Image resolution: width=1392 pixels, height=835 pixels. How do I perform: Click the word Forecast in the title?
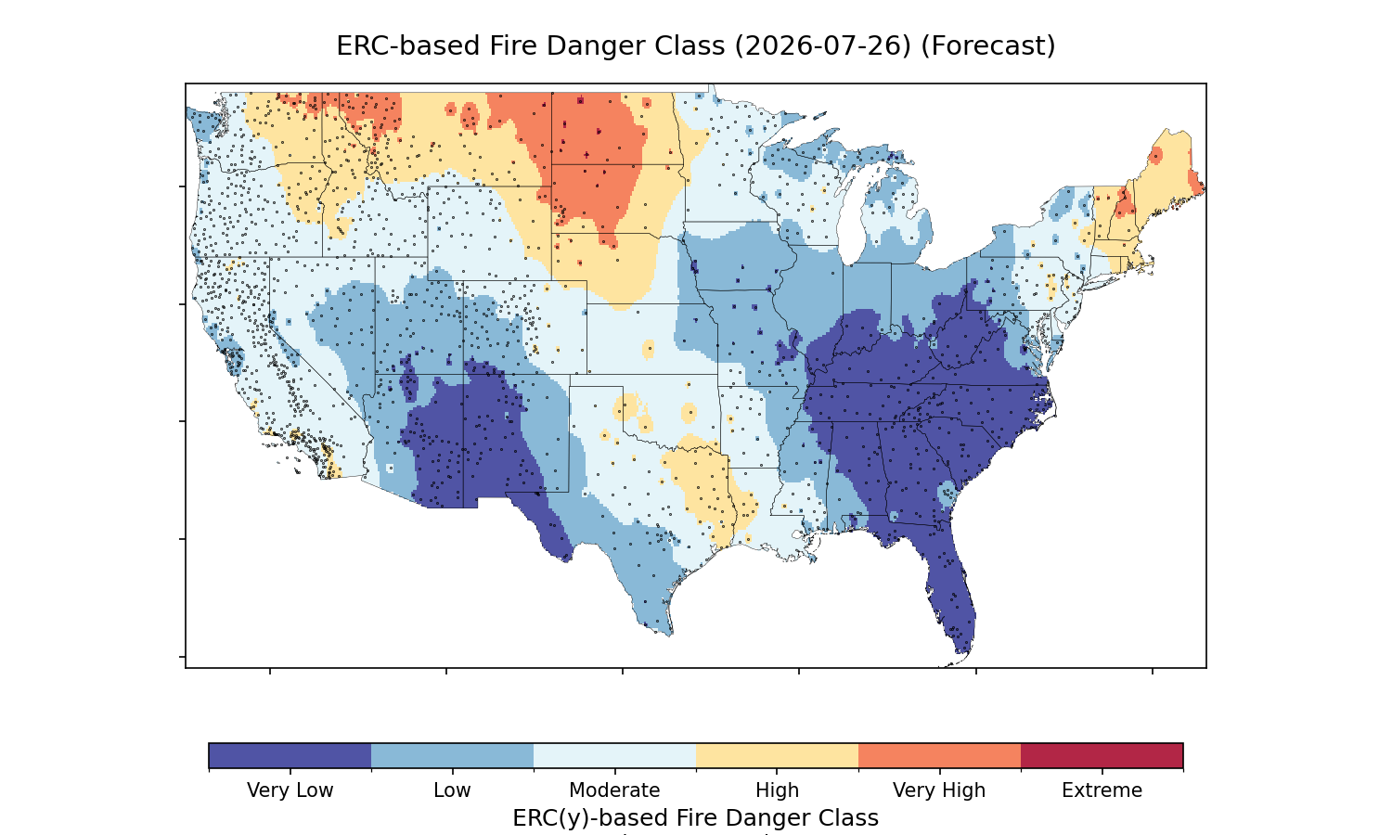pyautogui.click(x=987, y=46)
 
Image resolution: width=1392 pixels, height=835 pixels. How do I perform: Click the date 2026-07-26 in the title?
pyautogui.click(x=823, y=46)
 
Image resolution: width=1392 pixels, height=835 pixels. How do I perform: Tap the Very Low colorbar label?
pyautogui.click(x=290, y=790)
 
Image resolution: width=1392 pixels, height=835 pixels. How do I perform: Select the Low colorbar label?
pyautogui.click(x=452, y=790)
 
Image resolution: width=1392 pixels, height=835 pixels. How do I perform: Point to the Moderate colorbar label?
pyautogui.click(x=614, y=790)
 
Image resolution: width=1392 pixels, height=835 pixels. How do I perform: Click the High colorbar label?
pyautogui.click(x=777, y=790)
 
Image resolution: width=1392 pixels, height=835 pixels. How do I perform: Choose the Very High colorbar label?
pyautogui.click(x=939, y=790)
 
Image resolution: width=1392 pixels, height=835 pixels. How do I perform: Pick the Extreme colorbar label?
pyautogui.click(x=1102, y=790)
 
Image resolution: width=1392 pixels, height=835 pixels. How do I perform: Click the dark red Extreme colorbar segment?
pyautogui.click(x=1102, y=755)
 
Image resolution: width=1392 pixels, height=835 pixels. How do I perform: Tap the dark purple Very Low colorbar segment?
pyautogui.click(x=290, y=755)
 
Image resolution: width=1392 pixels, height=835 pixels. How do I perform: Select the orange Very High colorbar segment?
pyautogui.click(x=939, y=755)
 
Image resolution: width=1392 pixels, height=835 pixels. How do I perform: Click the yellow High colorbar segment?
pyautogui.click(x=778, y=755)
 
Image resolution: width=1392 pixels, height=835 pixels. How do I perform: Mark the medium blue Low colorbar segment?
pyautogui.click(x=453, y=755)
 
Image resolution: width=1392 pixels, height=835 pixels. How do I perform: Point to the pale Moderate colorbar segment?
pyautogui.click(x=614, y=755)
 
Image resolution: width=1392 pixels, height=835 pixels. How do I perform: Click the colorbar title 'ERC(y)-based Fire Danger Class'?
pyautogui.click(x=695, y=817)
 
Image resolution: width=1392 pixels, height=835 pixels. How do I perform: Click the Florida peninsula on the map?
pyautogui.click(x=951, y=590)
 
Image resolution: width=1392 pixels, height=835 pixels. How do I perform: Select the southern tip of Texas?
pyautogui.click(x=670, y=634)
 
